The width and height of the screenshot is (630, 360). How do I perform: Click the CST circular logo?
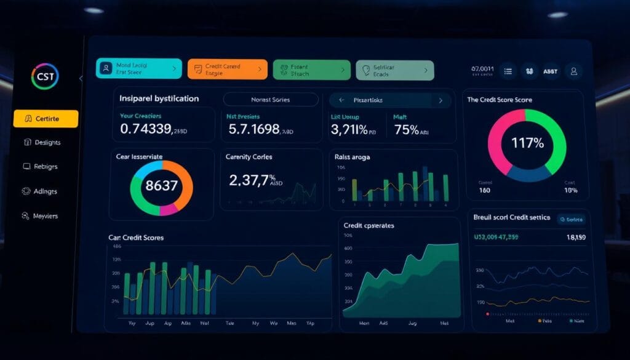(44, 77)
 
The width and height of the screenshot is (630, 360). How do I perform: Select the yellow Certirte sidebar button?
(46, 118)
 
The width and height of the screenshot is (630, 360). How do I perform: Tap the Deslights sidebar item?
(42, 142)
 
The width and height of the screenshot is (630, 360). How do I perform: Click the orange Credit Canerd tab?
(227, 70)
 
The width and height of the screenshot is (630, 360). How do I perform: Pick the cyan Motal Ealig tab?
(138, 69)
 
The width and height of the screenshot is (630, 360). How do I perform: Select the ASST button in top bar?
(550, 71)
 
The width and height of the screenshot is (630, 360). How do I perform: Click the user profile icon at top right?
(574, 71)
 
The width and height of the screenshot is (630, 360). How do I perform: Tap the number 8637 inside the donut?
(161, 185)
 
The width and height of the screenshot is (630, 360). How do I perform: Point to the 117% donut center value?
(527, 143)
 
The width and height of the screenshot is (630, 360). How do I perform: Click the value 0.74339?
(146, 129)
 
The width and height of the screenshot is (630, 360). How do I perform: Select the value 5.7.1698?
(254, 129)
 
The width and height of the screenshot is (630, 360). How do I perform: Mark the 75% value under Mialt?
(407, 129)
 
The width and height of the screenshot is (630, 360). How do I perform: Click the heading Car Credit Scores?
(136, 237)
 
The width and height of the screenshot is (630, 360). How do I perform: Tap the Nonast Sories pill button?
(271, 99)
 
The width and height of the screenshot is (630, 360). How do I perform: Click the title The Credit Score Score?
(500, 100)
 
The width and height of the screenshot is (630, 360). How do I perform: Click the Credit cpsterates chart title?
(369, 225)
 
